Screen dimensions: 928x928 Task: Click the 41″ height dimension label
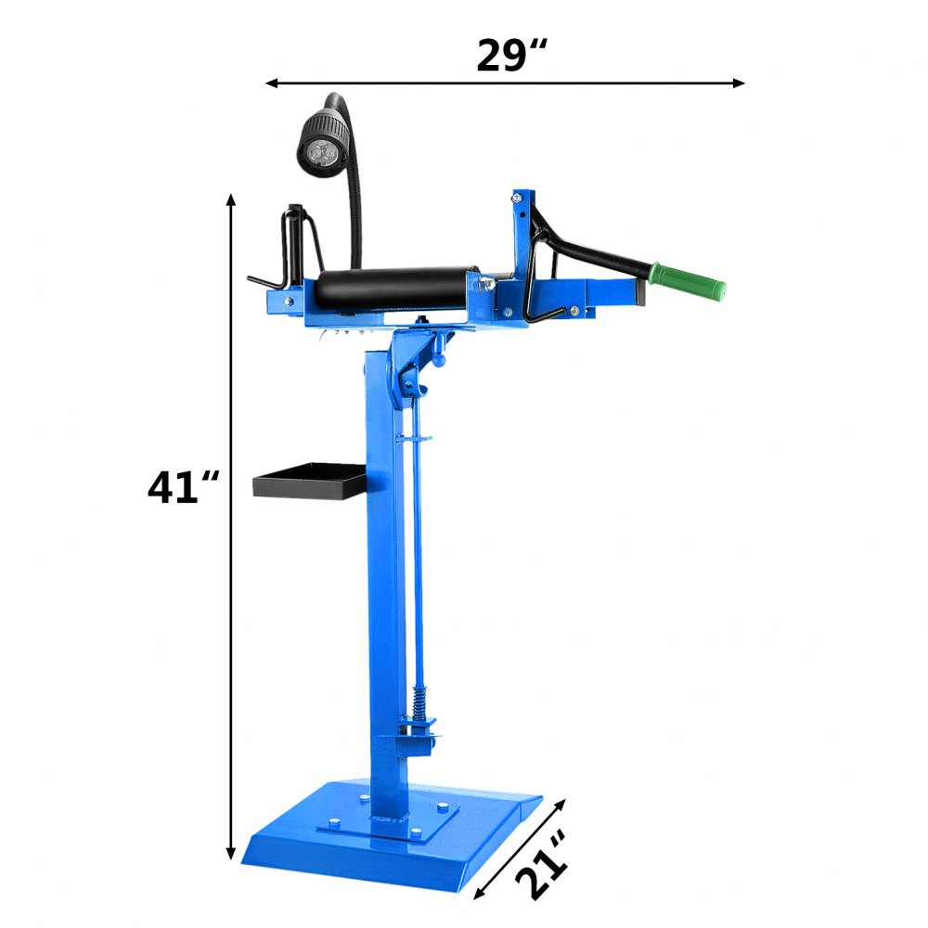184,488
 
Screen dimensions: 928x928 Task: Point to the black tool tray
309,483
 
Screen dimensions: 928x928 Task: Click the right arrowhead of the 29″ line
739,83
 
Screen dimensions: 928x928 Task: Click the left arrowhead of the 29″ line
272,83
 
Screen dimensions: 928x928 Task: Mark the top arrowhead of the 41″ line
231,200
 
